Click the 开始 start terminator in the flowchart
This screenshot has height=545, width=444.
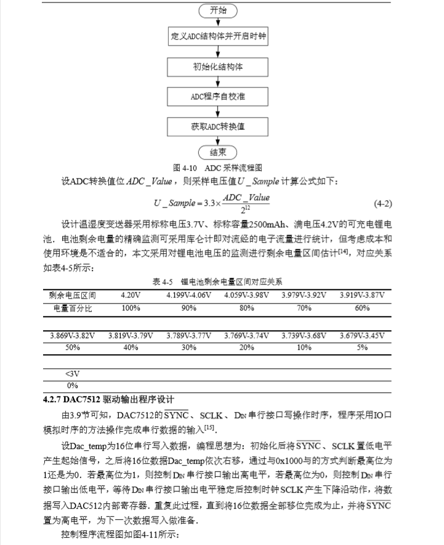tap(218, 10)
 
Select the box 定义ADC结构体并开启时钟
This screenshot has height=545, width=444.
tap(218, 36)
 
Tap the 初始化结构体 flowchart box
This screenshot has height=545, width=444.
tap(218, 66)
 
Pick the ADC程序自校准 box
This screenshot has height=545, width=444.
tap(218, 96)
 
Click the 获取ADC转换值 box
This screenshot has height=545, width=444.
tap(218, 126)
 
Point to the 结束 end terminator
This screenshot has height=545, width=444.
tap(218, 152)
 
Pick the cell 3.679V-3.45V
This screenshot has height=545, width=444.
tap(361, 336)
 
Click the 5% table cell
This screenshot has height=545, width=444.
tap(361, 347)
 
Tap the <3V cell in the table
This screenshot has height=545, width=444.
tap(72, 374)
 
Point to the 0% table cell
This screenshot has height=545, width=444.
tap(72, 386)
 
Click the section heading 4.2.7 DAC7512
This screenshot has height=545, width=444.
tap(108, 399)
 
